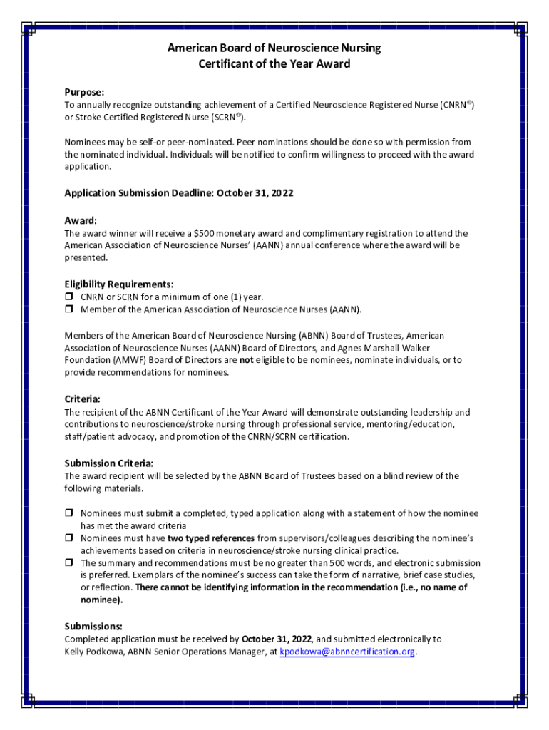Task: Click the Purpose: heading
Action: coord(84,93)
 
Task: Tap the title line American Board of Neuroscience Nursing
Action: coord(274,48)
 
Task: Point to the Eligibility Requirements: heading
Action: coord(119,284)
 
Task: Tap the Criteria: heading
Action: coord(83,399)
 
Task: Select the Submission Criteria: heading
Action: coord(109,463)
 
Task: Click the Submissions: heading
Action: coord(93,626)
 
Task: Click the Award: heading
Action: coord(81,220)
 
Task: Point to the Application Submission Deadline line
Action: coord(179,193)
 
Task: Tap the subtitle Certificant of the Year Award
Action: coord(274,63)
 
